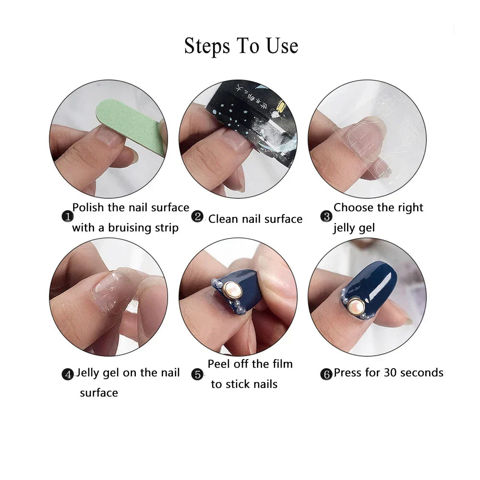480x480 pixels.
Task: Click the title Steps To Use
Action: click(241, 46)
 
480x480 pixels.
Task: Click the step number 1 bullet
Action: click(67, 217)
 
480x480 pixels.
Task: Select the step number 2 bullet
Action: click(197, 216)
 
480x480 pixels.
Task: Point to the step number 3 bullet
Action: click(326, 216)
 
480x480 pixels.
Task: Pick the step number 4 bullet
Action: click(68, 374)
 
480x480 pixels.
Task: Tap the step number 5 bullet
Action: click(198, 374)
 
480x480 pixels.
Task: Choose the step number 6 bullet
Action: click(326, 374)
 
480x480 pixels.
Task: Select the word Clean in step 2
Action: click(223, 219)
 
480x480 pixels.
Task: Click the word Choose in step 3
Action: click(353, 207)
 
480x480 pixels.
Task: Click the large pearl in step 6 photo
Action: click(357, 304)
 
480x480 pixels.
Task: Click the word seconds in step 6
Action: click(422, 372)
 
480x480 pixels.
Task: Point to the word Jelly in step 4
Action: click(90, 372)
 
